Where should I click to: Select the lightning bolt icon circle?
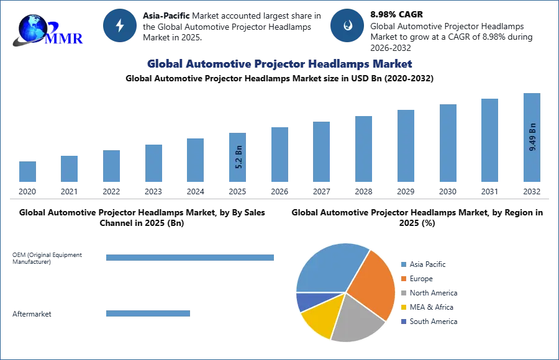[x=120, y=25]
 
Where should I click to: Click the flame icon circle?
[x=347, y=25]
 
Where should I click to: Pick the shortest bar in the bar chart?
[x=27, y=171]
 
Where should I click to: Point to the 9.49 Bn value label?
[x=532, y=137]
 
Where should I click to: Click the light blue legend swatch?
[x=402, y=263]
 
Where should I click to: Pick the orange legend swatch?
[x=402, y=278]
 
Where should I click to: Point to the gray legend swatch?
[x=402, y=292]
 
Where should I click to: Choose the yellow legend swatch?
[x=402, y=307]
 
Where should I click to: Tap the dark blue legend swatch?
[x=402, y=322]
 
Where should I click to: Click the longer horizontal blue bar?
[x=191, y=258]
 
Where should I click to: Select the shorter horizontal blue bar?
[x=148, y=313]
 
